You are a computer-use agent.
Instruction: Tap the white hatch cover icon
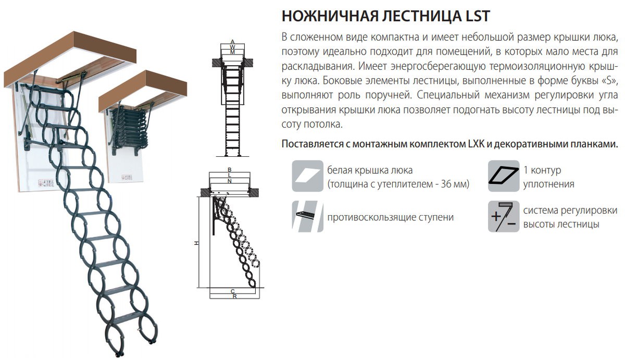point(307,176)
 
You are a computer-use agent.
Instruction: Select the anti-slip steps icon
point(307,216)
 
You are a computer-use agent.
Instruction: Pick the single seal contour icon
point(504,176)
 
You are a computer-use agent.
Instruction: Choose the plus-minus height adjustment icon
point(504,216)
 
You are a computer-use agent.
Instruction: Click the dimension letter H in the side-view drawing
point(196,243)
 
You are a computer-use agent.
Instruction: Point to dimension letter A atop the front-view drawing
point(232,42)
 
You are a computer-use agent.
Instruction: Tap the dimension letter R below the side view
point(235,296)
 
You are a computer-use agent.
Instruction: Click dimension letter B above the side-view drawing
point(230,170)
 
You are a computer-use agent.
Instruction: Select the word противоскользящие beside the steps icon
point(370,217)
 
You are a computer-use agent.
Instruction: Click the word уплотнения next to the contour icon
point(548,184)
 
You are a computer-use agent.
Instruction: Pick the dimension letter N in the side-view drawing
point(230,181)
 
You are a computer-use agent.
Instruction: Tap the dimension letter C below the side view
point(233,291)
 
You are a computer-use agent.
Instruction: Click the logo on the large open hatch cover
point(46,183)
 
